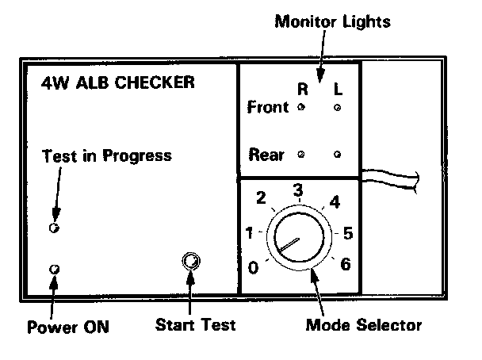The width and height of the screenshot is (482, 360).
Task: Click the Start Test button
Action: [x=190, y=261]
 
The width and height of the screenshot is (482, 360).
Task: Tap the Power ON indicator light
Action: [x=54, y=270]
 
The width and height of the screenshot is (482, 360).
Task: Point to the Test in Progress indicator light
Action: [x=54, y=228]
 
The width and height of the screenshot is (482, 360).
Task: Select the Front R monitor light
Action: [x=300, y=106]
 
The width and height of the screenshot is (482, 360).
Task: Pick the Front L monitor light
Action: [x=338, y=107]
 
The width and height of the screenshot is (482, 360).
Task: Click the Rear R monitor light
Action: [x=300, y=154]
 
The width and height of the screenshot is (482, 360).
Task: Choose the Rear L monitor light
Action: [x=338, y=154]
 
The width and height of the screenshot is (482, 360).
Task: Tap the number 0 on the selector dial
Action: [x=253, y=267]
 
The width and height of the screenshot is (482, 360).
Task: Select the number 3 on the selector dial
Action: [x=298, y=190]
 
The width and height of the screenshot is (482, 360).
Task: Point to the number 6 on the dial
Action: [x=345, y=264]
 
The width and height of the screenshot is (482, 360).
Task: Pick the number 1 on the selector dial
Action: [x=250, y=233]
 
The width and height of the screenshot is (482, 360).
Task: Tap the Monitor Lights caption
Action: [x=332, y=21]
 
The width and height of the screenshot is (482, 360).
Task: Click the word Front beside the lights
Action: [x=268, y=107]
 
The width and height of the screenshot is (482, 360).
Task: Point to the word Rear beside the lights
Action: [x=266, y=154]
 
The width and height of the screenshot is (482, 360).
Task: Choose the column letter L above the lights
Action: [x=338, y=89]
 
